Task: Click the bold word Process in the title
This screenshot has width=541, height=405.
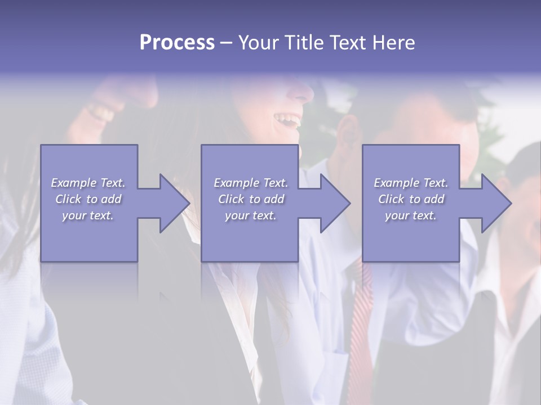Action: [x=177, y=43]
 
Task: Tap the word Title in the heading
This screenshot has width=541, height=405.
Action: [x=303, y=43]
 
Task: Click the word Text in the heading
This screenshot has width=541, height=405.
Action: [x=347, y=43]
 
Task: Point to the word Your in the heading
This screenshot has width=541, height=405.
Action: [x=258, y=43]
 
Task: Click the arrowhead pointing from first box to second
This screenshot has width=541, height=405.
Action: [x=172, y=203]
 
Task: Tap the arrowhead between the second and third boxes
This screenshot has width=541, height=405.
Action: [x=334, y=203]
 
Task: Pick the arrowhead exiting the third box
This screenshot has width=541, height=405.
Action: [x=495, y=203]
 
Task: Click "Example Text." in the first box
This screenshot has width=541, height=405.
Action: [x=88, y=183]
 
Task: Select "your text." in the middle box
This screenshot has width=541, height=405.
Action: [x=250, y=215]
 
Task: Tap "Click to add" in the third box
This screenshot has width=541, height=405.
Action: [x=411, y=199]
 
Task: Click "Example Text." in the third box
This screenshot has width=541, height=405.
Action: [x=411, y=183]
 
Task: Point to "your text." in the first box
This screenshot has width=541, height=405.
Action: [x=88, y=215]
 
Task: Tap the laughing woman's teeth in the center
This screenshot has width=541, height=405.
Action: [x=287, y=119]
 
